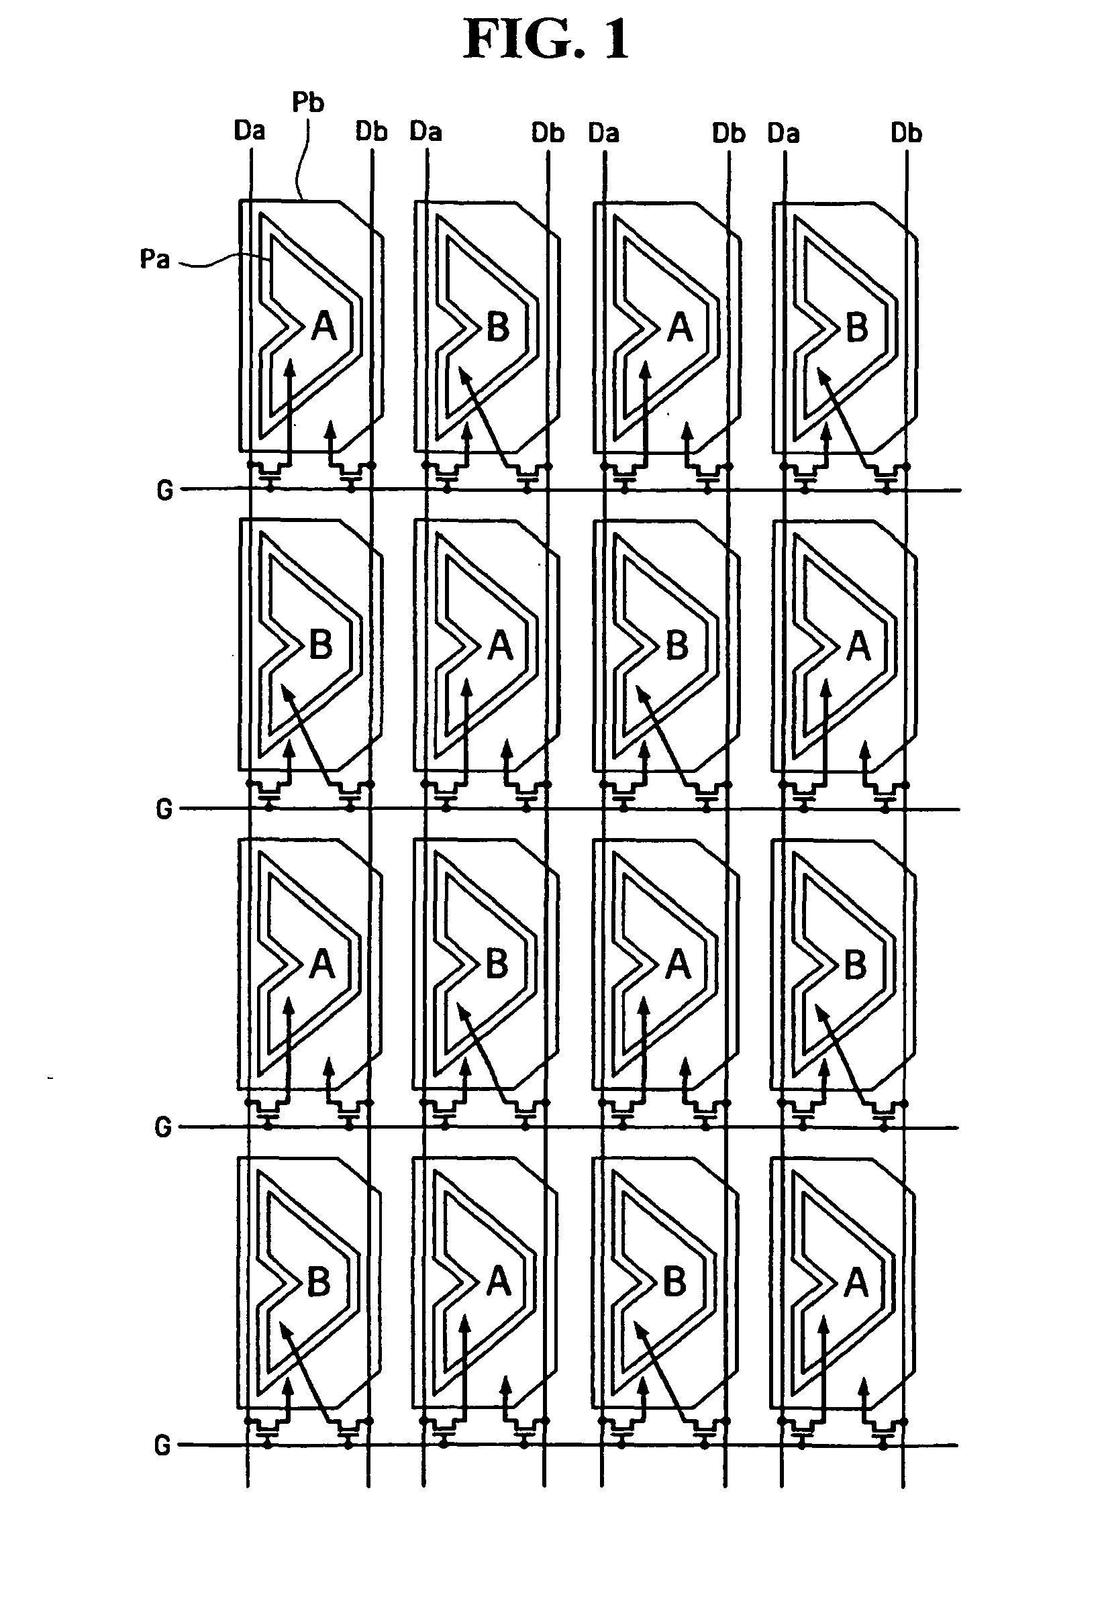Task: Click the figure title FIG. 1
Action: coord(546,40)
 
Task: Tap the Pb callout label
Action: coord(307,103)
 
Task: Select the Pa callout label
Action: coord(154,259)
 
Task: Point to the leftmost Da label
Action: coord(250,130)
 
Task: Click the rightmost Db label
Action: coord(906,132)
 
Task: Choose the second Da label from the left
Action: coord(425,131)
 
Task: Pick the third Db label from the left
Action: coord(728,133)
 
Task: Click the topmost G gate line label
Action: coord(165,490)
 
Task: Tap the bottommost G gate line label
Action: coord(162,1445)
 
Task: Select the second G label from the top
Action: coord(164,809)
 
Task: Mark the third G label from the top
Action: coord(163,1127)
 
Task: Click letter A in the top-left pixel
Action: coord(324,326)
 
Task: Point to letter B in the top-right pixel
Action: coord(857,327)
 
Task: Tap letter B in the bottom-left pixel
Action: coord(318,1282)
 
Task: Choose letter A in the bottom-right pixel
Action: coord(857,1283)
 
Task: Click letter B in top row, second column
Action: coord(498,327)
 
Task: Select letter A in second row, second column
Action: coord(500,645)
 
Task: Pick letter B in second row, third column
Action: coord(677,645)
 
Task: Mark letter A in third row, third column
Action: coord(678,964)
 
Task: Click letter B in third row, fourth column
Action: coord(856,964)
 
